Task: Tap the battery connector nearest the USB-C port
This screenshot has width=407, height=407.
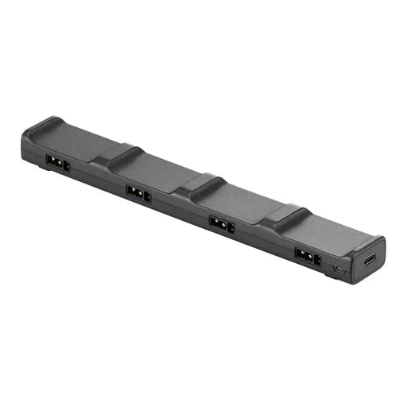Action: coord(306,257)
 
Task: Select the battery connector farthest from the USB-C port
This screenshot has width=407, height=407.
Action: coord(57,163)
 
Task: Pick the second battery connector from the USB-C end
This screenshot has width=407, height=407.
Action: coord(221,225)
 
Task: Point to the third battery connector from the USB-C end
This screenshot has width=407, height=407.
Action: coord(138,193)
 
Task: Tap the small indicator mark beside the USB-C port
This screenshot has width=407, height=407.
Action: coord(340,271)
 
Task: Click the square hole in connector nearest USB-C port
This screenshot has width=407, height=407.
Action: coord(316,260)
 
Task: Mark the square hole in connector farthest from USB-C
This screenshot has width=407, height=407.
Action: coord(66,166)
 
